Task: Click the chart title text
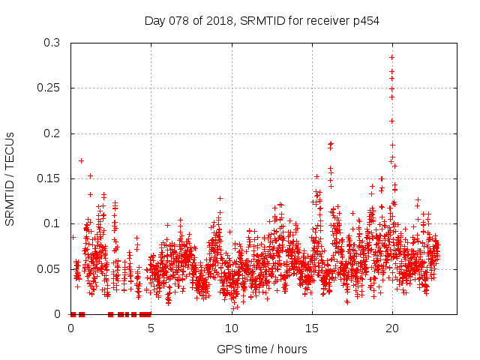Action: tap(262, 20)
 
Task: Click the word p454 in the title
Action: tap(365, 20)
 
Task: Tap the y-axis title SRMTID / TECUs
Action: tap(10, 178)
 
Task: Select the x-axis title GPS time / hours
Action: tap(262, 349)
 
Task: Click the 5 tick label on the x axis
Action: tap(151, 328)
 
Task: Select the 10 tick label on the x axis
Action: tap(232, 328)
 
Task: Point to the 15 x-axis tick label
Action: tap(312, 328)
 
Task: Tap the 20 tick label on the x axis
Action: tap(392, 328)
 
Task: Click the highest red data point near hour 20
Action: tap(391, 57)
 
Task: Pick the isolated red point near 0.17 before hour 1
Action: tap(81, 160)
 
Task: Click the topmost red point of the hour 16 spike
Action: tap(330, 143)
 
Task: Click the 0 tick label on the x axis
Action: tap(71, 328)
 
